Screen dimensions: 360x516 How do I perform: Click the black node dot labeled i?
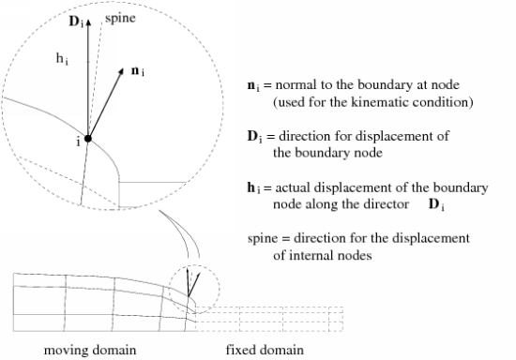point(88,139)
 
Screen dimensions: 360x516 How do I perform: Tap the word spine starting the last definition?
point(260,238)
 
